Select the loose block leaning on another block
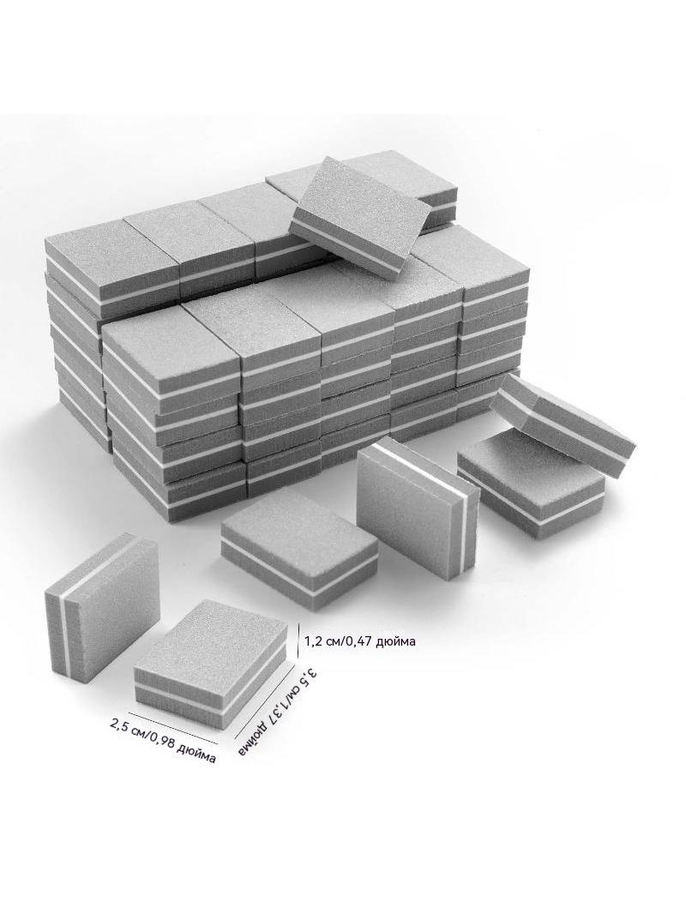563,414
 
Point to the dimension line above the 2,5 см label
172,727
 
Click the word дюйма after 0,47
401,642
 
